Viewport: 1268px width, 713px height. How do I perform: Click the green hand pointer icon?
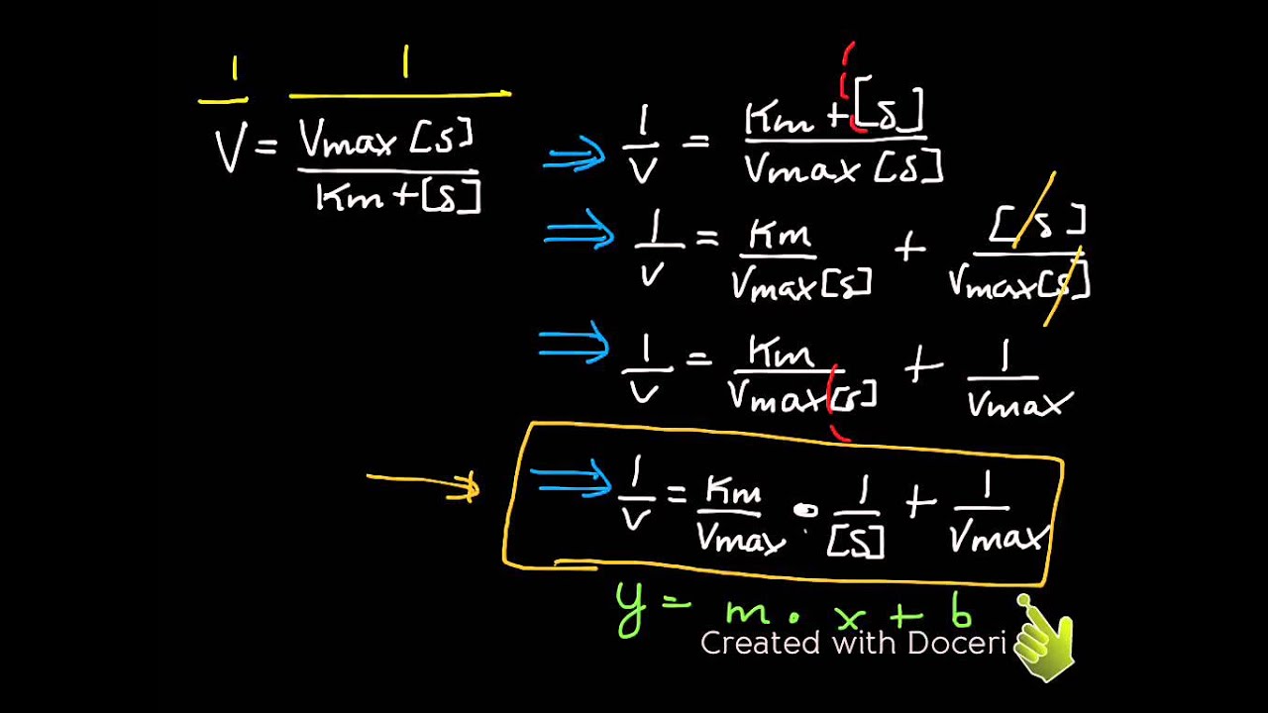coord(1044,637)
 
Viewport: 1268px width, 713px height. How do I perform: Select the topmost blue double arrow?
coord(574,154)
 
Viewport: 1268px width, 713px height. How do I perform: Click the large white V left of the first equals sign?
coord(231,149)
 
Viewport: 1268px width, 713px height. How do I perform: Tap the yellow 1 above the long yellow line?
coord(405,62)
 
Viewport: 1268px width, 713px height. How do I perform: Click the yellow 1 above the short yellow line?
coord(235,69)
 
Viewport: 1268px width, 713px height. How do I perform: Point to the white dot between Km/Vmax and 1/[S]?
coord(805,510)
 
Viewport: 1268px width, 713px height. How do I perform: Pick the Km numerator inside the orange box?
coord(734,491)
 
